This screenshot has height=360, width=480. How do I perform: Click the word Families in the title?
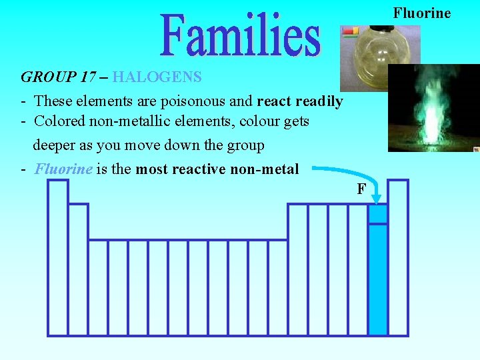click(x=241, y=34)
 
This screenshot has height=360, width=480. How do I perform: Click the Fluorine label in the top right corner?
click(x=421, y=13)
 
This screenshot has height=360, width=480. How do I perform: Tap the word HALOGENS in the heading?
click(x=157, y=77)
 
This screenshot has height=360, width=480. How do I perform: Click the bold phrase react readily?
click(x=300, y=101)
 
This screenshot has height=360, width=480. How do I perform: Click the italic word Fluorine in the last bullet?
click(x=63, y=169)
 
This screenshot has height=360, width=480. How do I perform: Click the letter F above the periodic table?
click(x=361, y=189)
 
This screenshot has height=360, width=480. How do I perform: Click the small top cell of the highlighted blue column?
click(x=378, y=214)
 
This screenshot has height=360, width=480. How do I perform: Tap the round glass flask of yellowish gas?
click(x=373, y=57)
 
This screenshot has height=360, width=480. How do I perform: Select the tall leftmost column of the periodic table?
click(x=58, y=257)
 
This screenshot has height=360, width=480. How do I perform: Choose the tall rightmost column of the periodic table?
click(x=398, y=257)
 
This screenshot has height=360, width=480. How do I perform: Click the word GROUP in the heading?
click(x=47, y=77)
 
